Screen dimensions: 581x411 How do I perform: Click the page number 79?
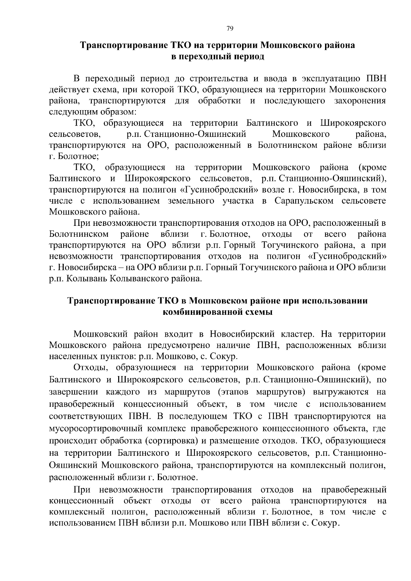230,29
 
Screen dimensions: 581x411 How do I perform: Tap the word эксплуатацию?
329,79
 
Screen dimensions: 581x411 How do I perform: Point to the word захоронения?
360,101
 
